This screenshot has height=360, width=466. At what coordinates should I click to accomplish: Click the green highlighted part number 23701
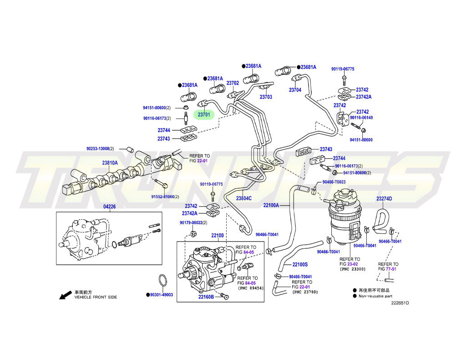(x=204, y=115)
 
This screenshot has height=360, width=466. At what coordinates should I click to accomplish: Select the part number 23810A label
(x=110, y=163)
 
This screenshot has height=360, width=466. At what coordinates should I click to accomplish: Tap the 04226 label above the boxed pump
(x=110, y=207)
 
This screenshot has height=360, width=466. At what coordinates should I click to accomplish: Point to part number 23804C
(x=243, y=198)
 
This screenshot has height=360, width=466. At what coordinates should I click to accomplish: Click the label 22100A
(x=271, y=206)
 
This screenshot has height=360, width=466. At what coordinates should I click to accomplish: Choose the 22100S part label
(x=300, y=265)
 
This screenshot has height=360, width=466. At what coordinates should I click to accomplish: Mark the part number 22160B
(x=207, y=297)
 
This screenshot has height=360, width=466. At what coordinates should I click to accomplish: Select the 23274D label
(x=384, y=199)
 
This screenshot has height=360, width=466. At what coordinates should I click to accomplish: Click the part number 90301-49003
(x=162, y=295)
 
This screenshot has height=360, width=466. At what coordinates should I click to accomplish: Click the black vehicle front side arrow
(x=66, y=296)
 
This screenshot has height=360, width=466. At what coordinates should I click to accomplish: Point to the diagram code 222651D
(x=400, y=303)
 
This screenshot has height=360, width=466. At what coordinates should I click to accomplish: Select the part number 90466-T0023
(x=334, y=182)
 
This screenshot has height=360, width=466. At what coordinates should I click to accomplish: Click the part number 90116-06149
(x=361, y=118)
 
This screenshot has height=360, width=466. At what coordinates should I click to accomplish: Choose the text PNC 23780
(x=305, y=292)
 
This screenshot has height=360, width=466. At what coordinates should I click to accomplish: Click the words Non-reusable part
(x=375, y=296)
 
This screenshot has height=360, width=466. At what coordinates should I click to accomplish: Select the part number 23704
(x=295, y=90)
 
